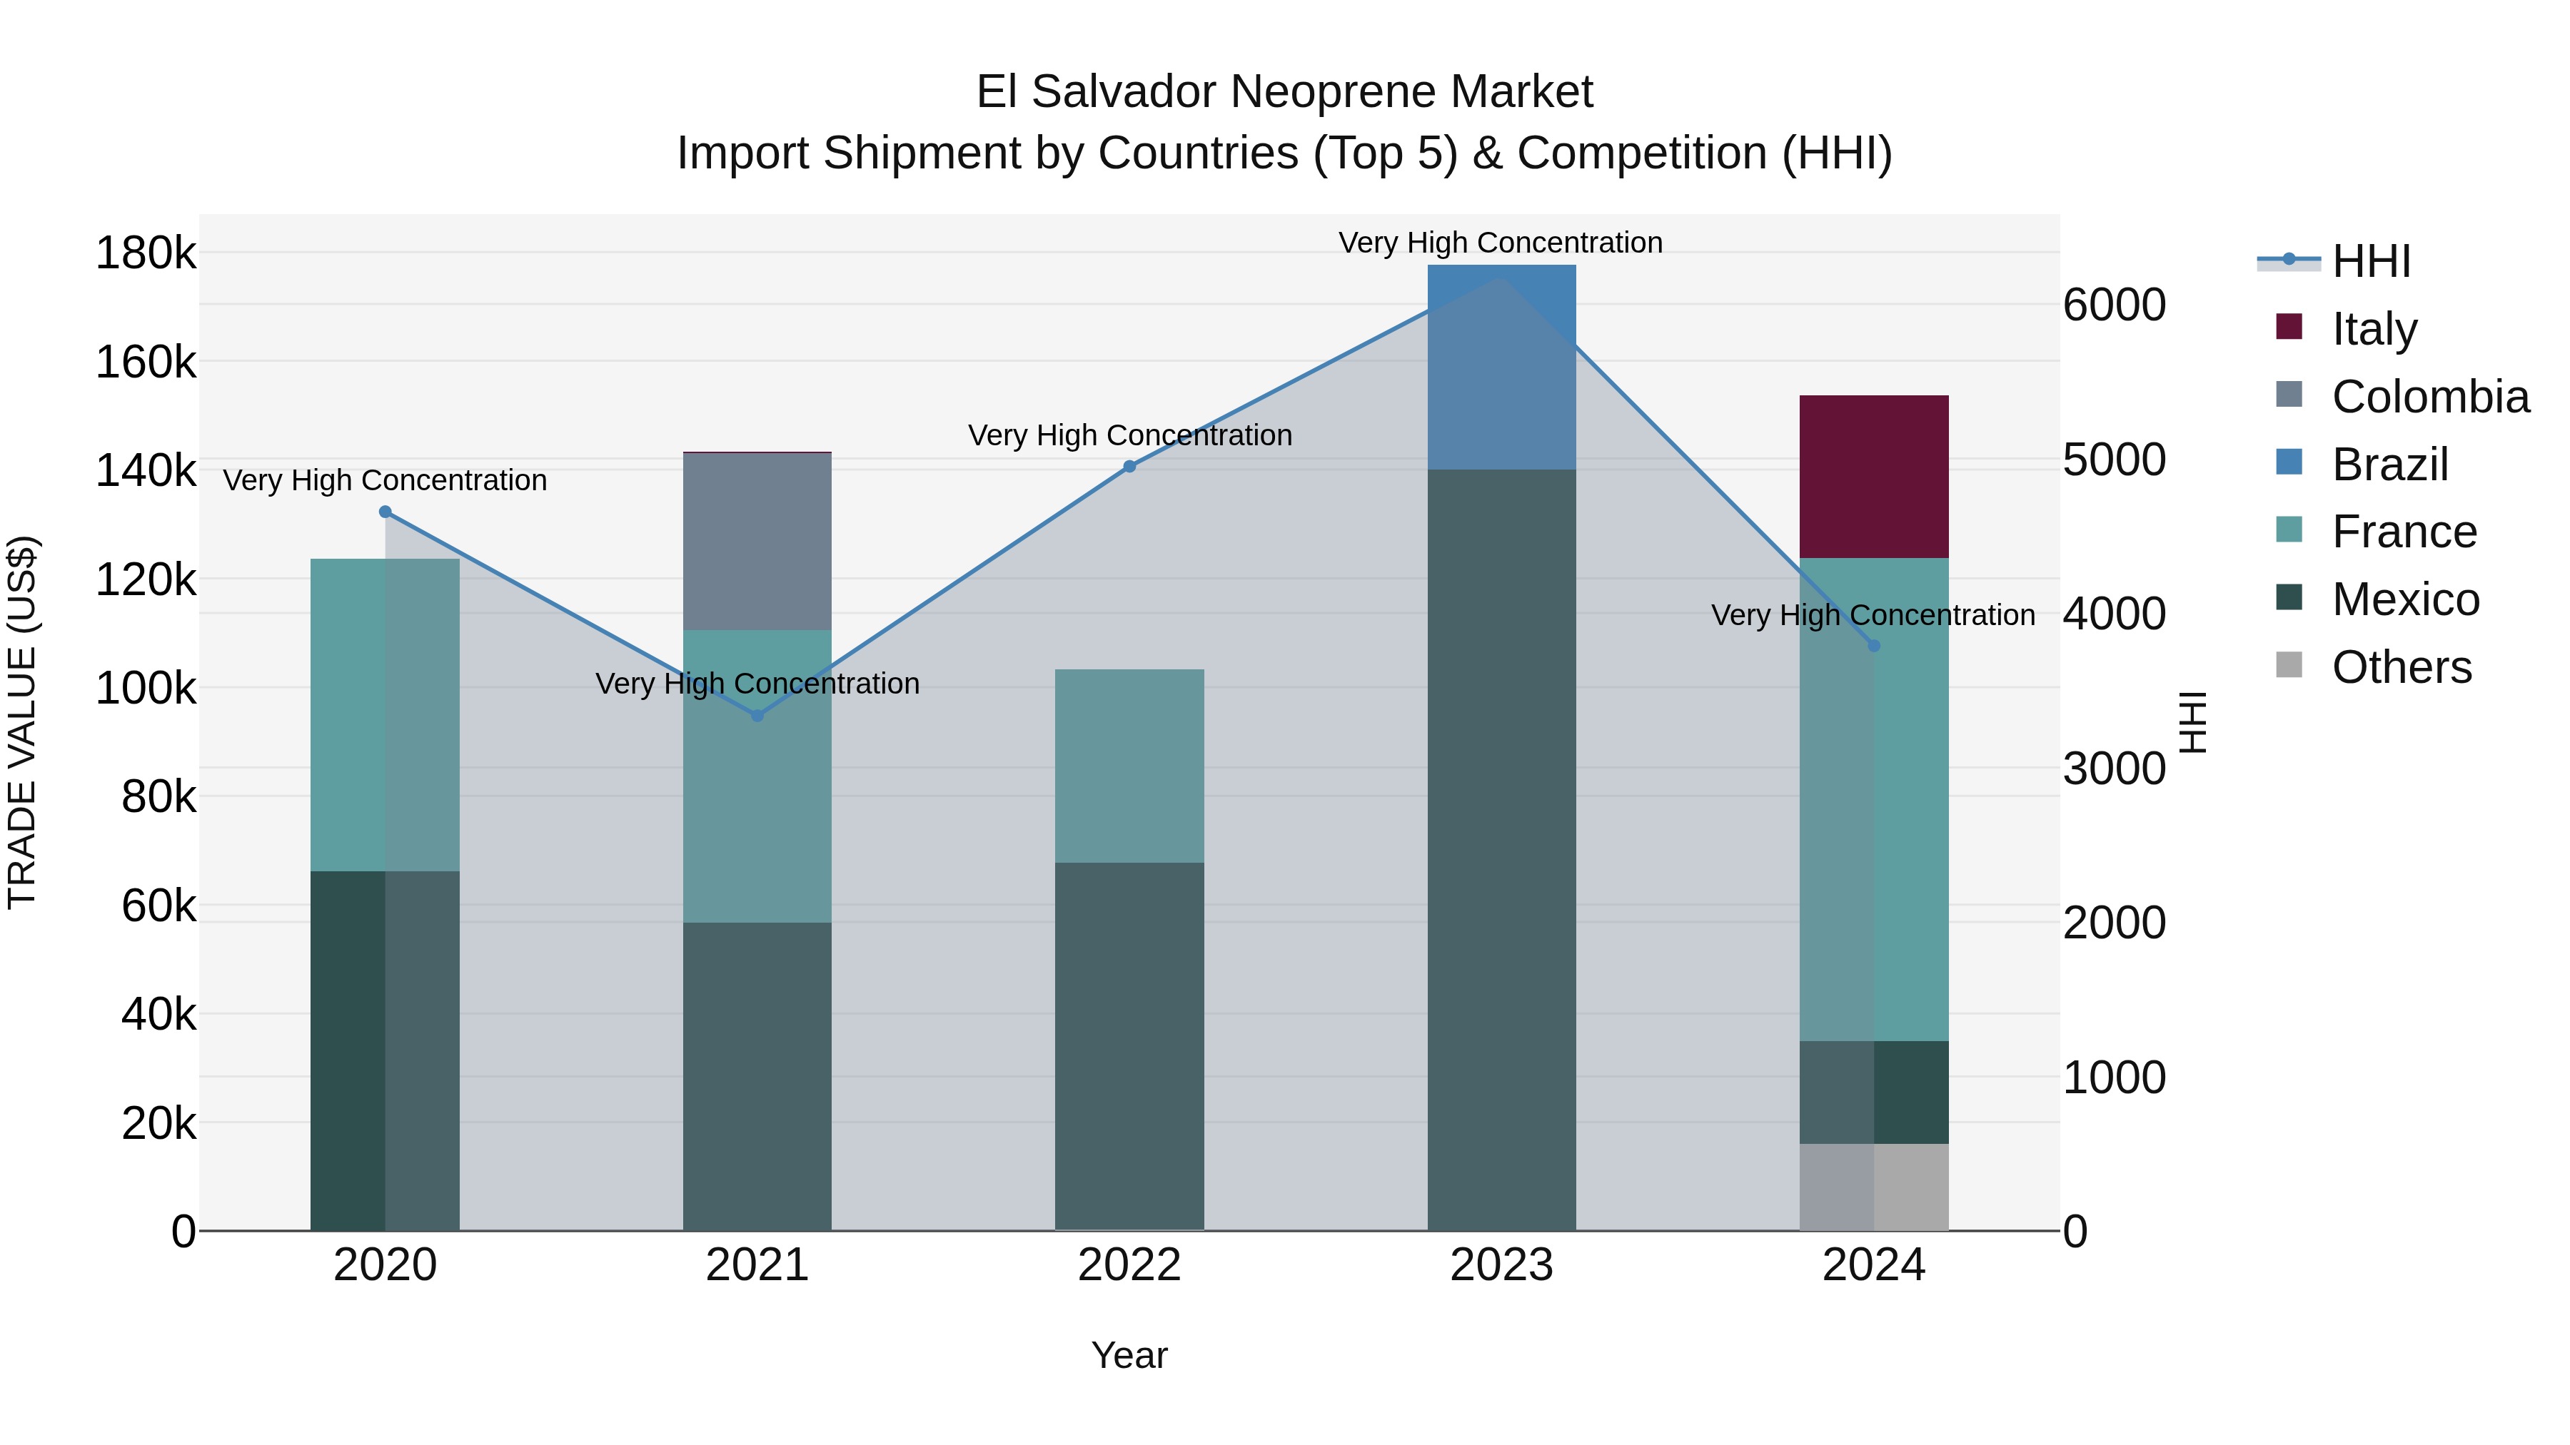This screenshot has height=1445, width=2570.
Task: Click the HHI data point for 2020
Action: [x=385, y=512]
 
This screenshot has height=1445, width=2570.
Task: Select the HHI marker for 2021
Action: [x=757, y=715]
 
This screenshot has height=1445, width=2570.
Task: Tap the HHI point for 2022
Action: [x=1129, y=467]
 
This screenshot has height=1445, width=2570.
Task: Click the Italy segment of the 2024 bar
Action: [x=1874, y=477]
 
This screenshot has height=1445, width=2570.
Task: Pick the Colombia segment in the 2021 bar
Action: [x=757, y=542]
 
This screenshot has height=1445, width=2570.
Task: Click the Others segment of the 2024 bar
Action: [x=1874, y=1187]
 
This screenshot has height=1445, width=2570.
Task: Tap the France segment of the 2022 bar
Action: [x=1129, y=766]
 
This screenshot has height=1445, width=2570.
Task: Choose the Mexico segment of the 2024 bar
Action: [x=1874, y=1092]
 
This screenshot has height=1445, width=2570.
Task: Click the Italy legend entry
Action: [x=2374, y=329]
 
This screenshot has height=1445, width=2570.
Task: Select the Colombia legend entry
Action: [x=2430, y=397]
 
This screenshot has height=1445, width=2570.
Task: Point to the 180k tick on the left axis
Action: [x=146, y=253]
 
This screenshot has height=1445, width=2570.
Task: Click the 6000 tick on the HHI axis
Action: [x=2114, y=305]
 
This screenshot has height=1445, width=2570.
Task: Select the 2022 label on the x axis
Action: [x=1129, y=1265]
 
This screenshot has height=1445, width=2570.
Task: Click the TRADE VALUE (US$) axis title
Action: [x=22, y=722]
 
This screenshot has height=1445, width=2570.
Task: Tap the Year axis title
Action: [x=1129, y=1355]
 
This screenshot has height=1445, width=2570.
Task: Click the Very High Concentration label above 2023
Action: [x=1501, y=243]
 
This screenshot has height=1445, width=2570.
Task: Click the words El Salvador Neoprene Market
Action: [x=1284, y=92]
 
